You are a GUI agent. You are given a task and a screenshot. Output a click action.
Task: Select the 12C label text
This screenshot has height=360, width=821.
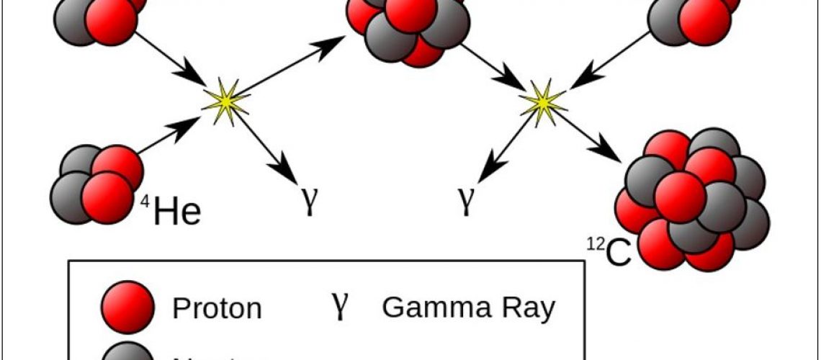[x=608, y=252]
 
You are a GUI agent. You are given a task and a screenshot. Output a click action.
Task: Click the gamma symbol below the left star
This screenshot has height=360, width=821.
[x=309, y=202]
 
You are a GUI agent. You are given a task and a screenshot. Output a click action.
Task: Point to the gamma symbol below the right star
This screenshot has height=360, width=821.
[x=467, y=202]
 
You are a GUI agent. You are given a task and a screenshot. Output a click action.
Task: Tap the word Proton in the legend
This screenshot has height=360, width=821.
[x=217, y=309]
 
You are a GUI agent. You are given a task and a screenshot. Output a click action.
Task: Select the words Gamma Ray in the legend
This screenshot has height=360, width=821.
[x=469, y=307]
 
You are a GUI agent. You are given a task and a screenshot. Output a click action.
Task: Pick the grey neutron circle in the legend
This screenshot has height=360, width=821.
[x=127, y=351]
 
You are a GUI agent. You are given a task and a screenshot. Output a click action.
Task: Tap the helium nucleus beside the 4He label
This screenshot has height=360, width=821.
[x=95, y=183]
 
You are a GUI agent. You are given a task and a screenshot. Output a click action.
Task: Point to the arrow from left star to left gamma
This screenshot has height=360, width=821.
[x=269, y=148]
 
